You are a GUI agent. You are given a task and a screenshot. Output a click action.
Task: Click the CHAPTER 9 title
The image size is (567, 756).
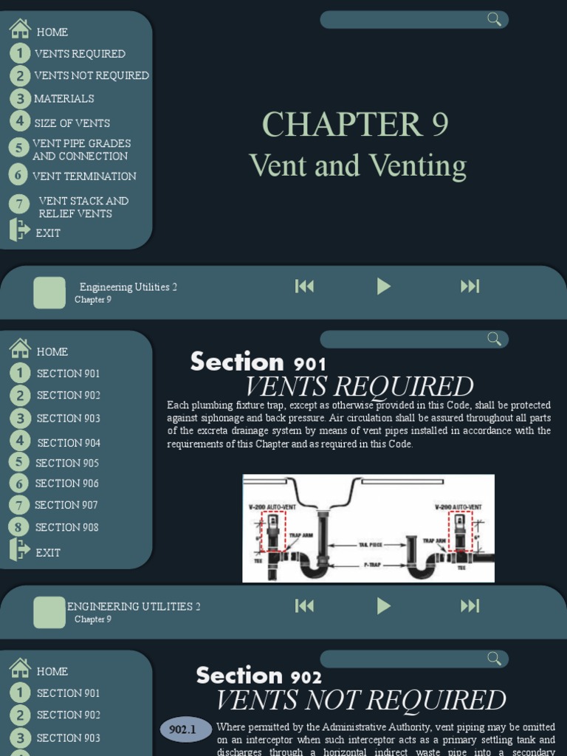point(355,124)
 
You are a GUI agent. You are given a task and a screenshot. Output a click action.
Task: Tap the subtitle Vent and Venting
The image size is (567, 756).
point(357,165)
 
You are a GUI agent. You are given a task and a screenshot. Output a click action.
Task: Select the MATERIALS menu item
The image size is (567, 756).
point(64,98)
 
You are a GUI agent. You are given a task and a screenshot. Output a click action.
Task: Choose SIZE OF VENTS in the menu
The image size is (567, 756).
point(72,123)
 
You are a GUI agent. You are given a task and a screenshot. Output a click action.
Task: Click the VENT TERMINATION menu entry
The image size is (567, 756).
point(84,176)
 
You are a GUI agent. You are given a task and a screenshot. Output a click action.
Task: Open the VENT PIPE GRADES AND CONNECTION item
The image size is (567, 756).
point(81,150)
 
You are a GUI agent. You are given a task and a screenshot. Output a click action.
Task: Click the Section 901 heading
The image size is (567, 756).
point(258,362)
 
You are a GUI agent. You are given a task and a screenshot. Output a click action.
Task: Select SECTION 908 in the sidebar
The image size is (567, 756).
point(67,527)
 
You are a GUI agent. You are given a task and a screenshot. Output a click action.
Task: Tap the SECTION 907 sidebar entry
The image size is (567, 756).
point(66,505)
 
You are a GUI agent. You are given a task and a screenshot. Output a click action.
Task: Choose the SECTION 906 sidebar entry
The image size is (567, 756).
point(67,484)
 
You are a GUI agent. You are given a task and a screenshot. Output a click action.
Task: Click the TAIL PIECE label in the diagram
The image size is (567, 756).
point(362,545)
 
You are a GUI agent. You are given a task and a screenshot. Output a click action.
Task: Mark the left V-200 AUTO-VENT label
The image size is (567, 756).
point(272,506)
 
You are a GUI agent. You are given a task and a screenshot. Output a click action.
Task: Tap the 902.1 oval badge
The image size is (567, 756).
point(182,730)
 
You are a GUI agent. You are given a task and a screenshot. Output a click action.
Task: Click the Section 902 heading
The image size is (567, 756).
point(258,676)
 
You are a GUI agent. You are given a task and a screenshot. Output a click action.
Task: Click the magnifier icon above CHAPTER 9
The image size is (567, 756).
point(494,19)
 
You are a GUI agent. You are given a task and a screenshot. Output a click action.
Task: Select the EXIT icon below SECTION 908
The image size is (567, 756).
point(20,551)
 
